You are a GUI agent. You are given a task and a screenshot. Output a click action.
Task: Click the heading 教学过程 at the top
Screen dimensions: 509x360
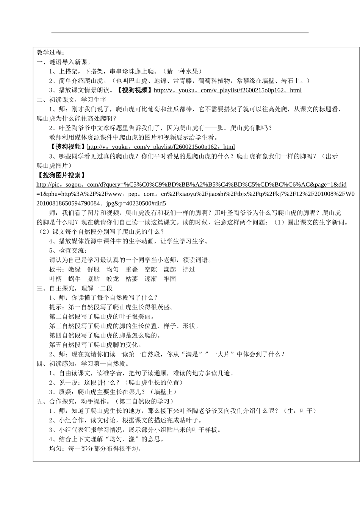tap(51, 52)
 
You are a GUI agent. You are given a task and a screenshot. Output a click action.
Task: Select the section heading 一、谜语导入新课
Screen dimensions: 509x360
tap(64, 62)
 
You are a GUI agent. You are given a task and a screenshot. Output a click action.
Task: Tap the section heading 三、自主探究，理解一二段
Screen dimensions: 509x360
tap(74, 288)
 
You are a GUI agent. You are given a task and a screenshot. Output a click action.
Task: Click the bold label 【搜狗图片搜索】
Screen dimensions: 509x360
tap(61, 175)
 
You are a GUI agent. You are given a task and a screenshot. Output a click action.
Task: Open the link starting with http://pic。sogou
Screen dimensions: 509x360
tap(191, 185)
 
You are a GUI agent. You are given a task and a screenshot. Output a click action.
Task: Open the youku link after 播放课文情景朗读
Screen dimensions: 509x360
tap(227, 90)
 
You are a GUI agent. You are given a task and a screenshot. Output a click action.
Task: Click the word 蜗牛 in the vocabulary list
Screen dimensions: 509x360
tap(74, 279)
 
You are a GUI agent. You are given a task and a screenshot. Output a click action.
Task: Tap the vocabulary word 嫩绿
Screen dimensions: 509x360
tap(75, 269)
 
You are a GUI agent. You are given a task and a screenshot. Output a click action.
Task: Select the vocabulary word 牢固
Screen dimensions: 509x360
tap(170, 279)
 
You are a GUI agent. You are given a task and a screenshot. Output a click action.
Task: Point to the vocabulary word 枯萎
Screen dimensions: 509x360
tap(131, 279)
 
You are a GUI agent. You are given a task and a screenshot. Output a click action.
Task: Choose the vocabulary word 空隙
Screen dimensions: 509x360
tap(150, 269)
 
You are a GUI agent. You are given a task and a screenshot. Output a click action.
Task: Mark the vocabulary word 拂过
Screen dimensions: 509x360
tap(189, 269)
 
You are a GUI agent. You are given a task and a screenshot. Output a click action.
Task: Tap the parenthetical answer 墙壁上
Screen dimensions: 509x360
tap(163, 392)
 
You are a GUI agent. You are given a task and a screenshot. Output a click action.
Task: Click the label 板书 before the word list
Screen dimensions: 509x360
tap(55, 269)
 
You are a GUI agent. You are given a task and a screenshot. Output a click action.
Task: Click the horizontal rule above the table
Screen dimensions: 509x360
tap(180, 33)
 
